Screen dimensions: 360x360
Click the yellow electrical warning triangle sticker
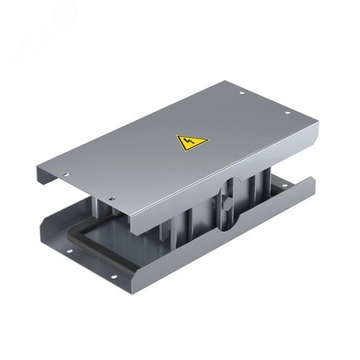pyautogui.click(x=186, y=143)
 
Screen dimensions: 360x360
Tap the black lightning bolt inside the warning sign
pyautogui.click(x=186, y=144)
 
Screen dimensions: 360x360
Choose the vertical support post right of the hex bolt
pyautogui.click(x=256, y=189)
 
